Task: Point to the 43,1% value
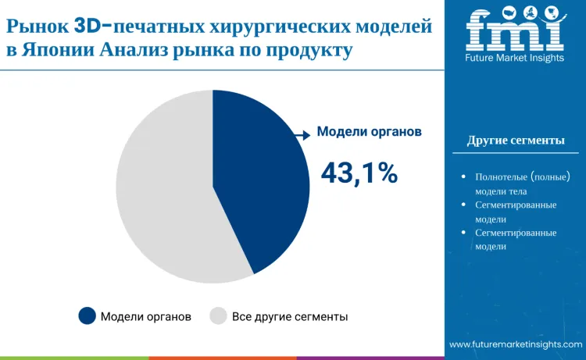pos(359,173)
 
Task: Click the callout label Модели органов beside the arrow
pos(369,132)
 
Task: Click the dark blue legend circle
pos(88,315)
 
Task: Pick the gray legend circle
pos(219,315)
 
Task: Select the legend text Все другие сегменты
pos(290,316)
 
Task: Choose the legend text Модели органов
pos(146,316)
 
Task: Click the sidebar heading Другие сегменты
pos(516,141)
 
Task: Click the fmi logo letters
pos(515,29)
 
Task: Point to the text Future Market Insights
pos(515,59)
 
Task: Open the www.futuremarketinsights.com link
pos(516,344)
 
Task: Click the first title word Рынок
pos(37,26)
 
